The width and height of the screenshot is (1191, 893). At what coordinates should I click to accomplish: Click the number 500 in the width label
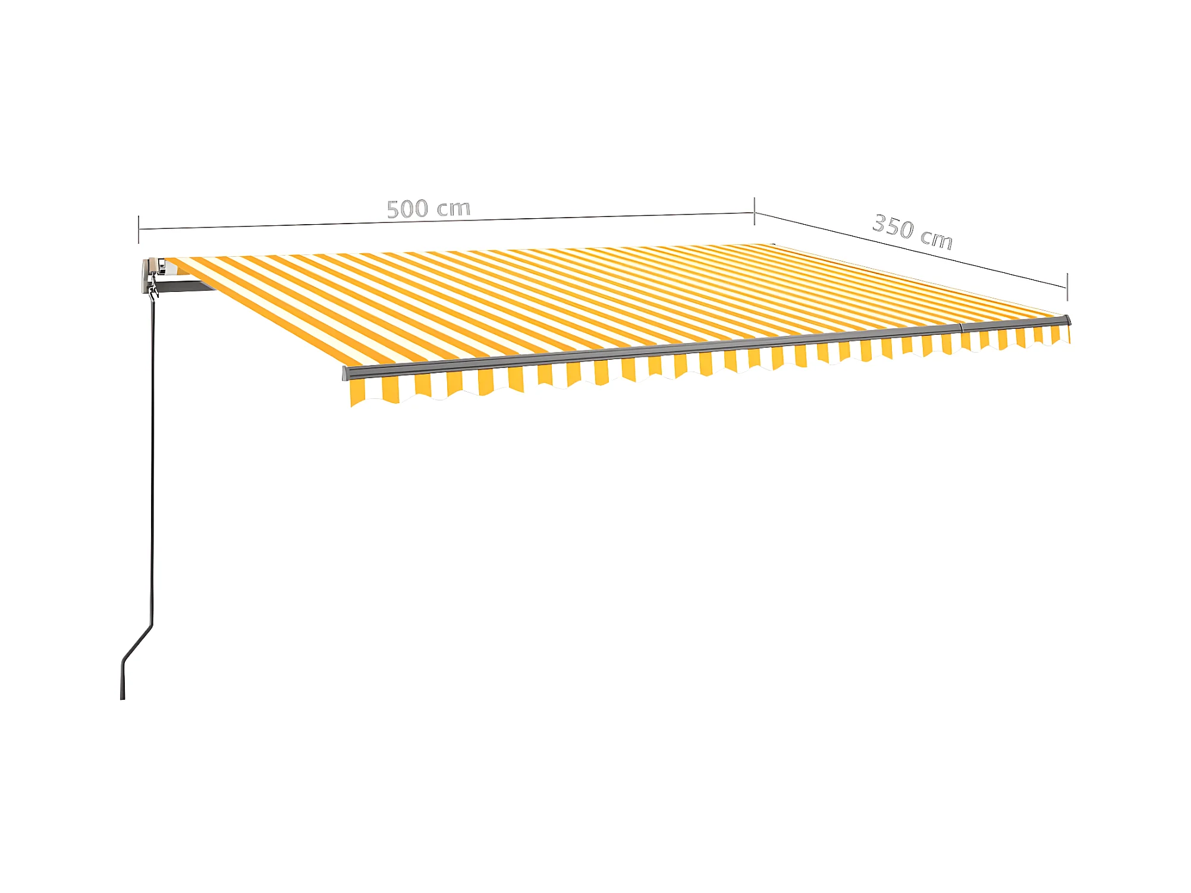click(407, 209)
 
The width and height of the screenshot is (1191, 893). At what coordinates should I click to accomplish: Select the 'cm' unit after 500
click(454, 208)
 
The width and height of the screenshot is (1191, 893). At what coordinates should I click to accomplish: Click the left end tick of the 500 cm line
click(139, 229)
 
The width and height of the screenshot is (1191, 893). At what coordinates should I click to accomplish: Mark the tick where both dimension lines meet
click(755, 212)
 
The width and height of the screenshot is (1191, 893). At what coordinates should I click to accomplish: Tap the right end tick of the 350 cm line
click(1067, 287)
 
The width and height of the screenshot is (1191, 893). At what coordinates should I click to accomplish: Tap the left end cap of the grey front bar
click(345, 373)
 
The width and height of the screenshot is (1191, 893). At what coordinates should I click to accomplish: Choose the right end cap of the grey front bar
click(1068, 320)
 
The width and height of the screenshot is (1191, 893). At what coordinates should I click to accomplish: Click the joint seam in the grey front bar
click(961, 328)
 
